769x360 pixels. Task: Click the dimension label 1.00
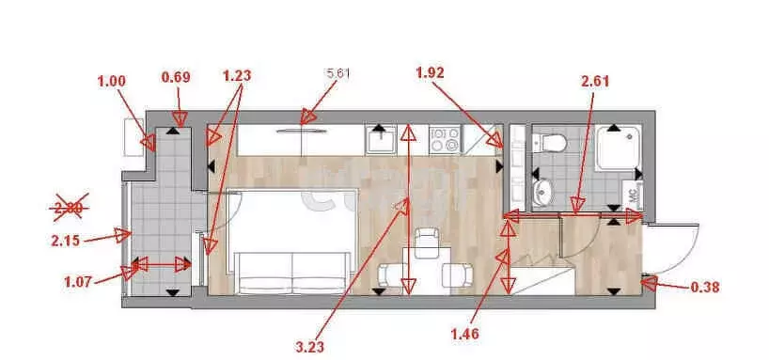tap(111, 82)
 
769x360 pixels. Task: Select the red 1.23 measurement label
tap(238, 75)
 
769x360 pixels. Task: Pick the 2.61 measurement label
tap(596, 81)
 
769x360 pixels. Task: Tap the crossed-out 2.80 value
tap(68, 208)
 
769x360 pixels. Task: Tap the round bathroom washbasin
tap(543, 193)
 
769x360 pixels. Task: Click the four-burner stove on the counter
tap(445, 141)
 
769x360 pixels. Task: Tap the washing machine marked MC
tap(632, 197)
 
